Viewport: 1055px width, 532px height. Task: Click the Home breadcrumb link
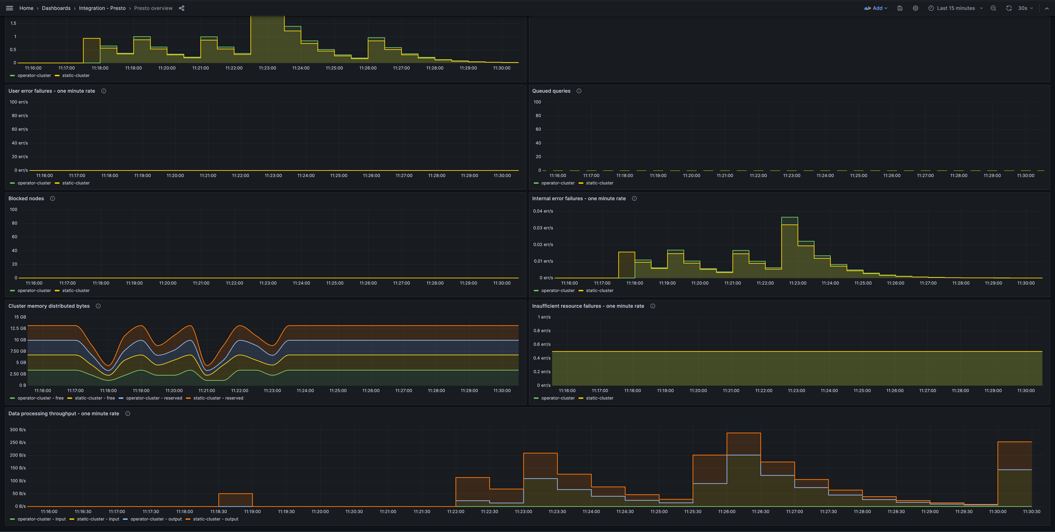pos(26,8)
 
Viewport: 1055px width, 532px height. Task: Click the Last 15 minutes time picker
pos(956,8)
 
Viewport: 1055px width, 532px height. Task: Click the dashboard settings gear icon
pos(915,8)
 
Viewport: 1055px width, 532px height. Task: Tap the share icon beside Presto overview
pos(181,8)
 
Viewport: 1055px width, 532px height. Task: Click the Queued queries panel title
pos(551,91)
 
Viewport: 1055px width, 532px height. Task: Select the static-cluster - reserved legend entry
pos(218,398)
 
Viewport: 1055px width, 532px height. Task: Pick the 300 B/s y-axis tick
pos(18,430)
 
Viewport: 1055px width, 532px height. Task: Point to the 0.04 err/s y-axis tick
pos(543,211)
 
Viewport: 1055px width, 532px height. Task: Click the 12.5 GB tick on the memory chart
pos(18,328)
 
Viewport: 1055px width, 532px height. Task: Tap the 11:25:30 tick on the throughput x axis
pos(693,511)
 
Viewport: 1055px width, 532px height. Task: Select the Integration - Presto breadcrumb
pos(102,8)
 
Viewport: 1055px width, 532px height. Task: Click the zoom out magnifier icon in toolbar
pos(993,8)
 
